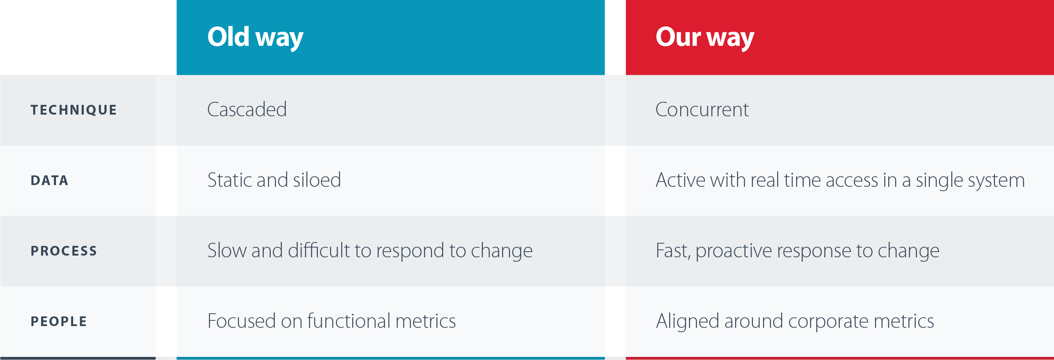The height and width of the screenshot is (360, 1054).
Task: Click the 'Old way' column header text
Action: [x=255, y=37]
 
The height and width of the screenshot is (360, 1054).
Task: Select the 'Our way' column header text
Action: [x=705, y=37]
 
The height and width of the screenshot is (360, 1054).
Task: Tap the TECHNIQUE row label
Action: [x=74, y=110]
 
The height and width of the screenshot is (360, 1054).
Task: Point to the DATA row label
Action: [x=49, y=180]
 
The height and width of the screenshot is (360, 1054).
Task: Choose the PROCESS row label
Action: [x=64, y=251]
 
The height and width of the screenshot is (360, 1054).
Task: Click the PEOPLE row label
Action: [x=59, y=321]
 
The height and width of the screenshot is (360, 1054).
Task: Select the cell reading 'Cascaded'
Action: [x=247, y=109]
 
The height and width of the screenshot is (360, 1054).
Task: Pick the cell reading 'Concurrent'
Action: [x=702, y=109]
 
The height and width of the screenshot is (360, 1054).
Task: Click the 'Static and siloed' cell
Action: [x=274, y=180]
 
